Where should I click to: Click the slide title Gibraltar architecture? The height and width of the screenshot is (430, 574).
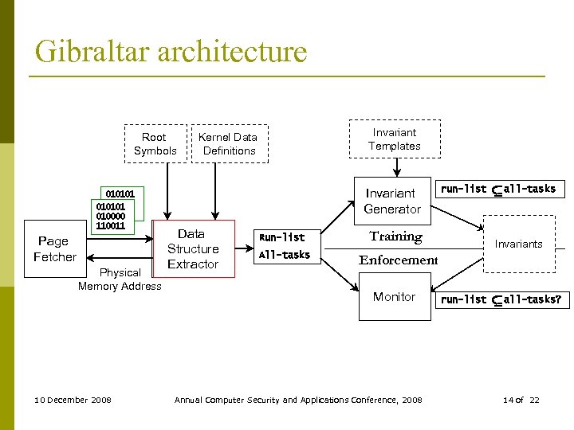pos(171,52)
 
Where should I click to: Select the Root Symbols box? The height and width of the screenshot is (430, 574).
pos(155,144)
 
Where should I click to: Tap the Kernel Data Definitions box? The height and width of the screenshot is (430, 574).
pos(229,144)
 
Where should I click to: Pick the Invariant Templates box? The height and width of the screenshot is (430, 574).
pos(394,139)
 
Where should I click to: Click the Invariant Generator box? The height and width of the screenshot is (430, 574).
pos(391,201)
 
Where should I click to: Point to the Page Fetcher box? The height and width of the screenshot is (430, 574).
pos(54,248)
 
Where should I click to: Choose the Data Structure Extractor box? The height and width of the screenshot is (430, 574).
pos(192,248)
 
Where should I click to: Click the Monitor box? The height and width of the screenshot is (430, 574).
pos(394,297)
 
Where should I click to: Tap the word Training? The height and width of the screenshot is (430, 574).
pos(395,236)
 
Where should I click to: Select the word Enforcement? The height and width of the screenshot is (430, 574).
pos(398,260)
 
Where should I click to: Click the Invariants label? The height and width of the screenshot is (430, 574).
pos(518,244)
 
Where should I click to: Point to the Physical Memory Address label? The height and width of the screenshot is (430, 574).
pos(120,279)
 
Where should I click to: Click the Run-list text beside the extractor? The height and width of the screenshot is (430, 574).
pos(281,237)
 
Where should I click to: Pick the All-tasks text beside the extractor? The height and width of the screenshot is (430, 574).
pos(284,255)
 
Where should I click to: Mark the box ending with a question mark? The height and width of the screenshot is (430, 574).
pos(502,300)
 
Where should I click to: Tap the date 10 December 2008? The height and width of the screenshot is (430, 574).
pos(73,400)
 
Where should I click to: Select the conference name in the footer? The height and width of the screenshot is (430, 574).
pos(298,400)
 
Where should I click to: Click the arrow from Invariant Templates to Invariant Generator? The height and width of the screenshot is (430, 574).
pos(395,169)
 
